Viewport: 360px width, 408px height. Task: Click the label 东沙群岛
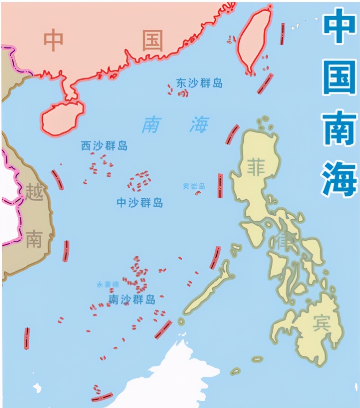[199, 83]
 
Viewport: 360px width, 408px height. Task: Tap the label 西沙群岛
[104, 145]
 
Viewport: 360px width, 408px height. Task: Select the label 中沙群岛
[140, 203]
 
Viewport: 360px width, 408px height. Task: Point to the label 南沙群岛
[132, 300]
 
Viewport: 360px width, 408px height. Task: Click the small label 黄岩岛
[194, 186]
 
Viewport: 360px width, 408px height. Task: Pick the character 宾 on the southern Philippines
[322, 323]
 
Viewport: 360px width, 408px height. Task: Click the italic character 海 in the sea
[199, 125]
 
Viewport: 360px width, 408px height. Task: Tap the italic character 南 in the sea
[150, 125]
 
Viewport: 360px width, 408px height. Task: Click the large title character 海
[339, 177]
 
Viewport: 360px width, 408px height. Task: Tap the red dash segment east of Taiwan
[282, 34]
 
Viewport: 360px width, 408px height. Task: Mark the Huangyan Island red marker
[197, 193]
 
